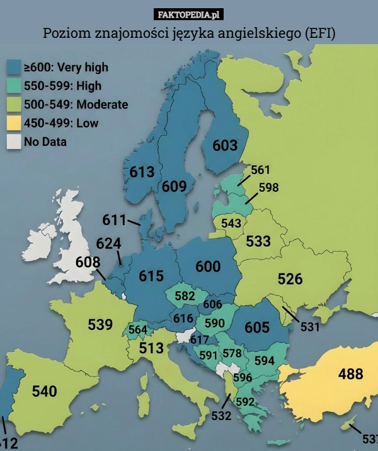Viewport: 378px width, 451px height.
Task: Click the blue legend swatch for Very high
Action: click(x=14, y=67)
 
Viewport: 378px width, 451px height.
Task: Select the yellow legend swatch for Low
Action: click(x=14, y=123)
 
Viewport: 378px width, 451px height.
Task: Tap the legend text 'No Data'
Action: click(x=45, y=142)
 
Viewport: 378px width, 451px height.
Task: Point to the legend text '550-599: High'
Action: click(x=62, y=86)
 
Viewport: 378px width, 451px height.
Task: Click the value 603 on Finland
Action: click(x=225, y=146)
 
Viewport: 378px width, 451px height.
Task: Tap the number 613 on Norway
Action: click(x=142, y=172)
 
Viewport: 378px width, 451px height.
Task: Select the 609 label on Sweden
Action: click(x=174, y=186)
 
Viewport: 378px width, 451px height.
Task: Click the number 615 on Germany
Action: click(x=151, y=276)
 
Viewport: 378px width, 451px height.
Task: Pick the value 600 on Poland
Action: click(x=208, y=267)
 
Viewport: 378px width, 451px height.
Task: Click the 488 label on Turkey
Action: click(x=350, y=374)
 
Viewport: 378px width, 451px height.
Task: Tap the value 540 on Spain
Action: click(x=44, y=391)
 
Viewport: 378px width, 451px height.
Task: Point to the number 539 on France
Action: click(x=100, y=325)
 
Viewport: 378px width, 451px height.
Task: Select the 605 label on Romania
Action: click(x=257, y=327)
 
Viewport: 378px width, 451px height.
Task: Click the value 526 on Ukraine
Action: click(x=290, y=278)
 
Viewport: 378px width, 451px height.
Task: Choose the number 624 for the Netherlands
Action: click(x=109, y=243)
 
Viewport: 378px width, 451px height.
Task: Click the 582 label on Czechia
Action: click(x=185, y=296)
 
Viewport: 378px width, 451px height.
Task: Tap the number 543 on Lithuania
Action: click(x=231, y=223)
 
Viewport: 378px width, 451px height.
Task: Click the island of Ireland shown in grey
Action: click(x=38, y=238)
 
